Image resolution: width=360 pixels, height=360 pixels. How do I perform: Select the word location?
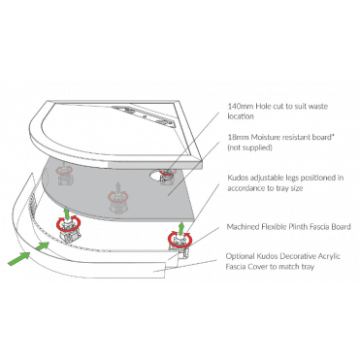pos(240,116)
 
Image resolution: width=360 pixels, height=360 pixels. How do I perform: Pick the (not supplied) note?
pos(249,147)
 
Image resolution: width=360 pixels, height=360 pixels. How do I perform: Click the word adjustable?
pos(266,178)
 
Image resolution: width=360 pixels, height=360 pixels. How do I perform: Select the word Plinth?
pos(296,227)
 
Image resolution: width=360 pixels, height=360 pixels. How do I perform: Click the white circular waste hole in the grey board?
pos(156,175)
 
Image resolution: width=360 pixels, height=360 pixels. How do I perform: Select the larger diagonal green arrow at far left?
pos(18,259)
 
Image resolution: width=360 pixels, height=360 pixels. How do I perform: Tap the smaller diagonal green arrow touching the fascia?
pos(42,246)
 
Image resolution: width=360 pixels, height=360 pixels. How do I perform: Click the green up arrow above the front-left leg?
pos(67,213)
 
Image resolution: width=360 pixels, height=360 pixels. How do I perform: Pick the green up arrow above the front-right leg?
pos(181,227)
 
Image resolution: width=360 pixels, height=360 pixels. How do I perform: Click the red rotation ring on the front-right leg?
pos(180,240)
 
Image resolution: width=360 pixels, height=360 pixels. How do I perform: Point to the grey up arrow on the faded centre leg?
pos(118,187)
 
